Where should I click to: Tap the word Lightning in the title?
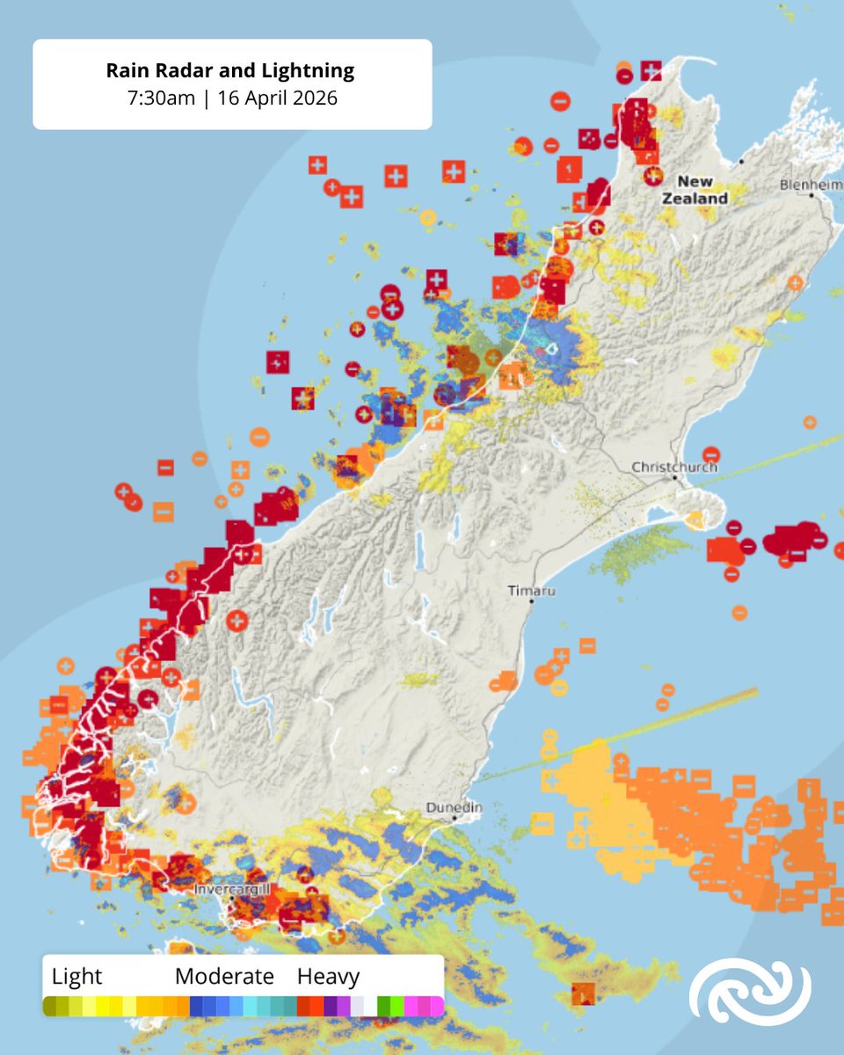[309, 70]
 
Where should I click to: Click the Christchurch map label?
[674, 468]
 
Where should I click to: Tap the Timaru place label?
[532, 591]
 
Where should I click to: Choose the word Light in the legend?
[77, 976]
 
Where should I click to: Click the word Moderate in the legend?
[224, 976]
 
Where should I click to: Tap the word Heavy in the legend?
[328, 976]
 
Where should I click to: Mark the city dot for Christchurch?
[675, 478]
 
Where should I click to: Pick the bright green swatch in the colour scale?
[397, 1005]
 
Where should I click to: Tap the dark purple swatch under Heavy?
[331, 1005]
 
